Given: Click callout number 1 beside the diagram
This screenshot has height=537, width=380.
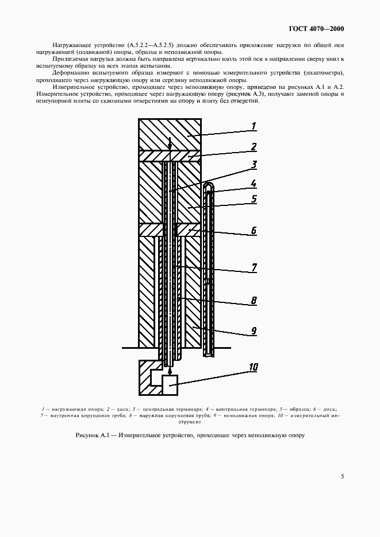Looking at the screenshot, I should click(254, 126).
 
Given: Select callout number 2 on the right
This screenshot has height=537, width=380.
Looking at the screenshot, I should click(254, 147).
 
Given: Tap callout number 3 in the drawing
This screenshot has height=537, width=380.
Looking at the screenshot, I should click(254, 165).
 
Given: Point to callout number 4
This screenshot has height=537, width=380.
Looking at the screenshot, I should click(254, 184).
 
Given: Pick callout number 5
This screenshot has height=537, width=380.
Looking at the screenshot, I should click(254, 200).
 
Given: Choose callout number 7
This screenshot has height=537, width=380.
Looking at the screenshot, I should click(254, 267).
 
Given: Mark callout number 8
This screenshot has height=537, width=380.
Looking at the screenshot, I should click(254, 299).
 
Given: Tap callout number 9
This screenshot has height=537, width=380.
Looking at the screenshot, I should click(254, 331).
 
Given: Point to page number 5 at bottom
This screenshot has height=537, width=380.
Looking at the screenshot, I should click(342, 476).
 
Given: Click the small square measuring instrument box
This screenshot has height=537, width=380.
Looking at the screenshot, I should click(170, 384).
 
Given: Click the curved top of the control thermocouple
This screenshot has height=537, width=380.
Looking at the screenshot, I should click(210, 186).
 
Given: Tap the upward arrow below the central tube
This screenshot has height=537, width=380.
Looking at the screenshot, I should click(170, 372).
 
